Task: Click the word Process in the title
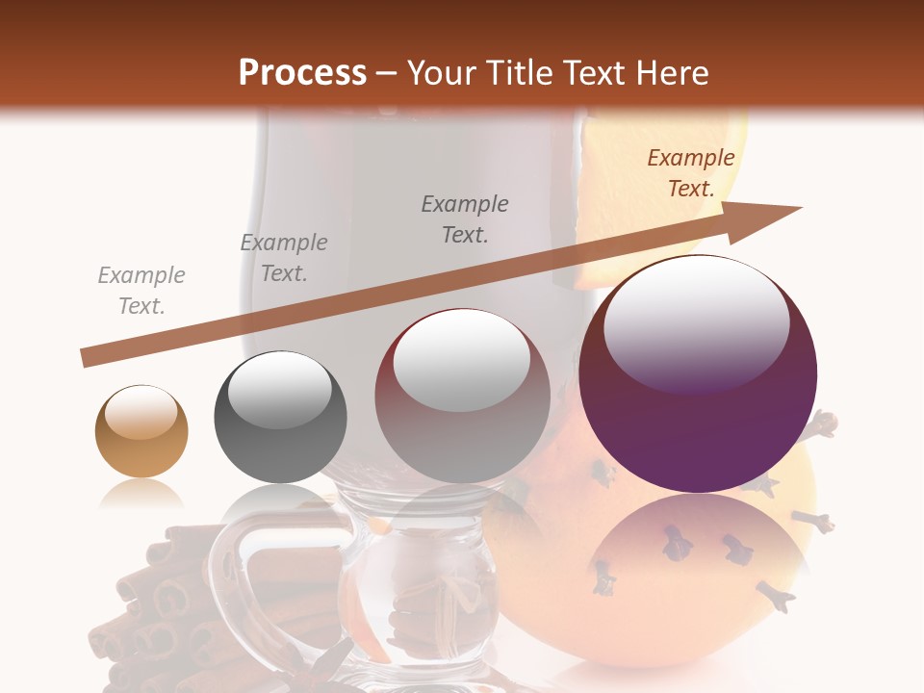(302, 73)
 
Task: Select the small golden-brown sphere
(141, 431)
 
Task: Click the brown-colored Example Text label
(690, 173)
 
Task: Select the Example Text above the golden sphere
(141, 291)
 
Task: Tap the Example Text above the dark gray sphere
(284, 258)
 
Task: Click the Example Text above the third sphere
(465, 219)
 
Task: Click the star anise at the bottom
(332, 664)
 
